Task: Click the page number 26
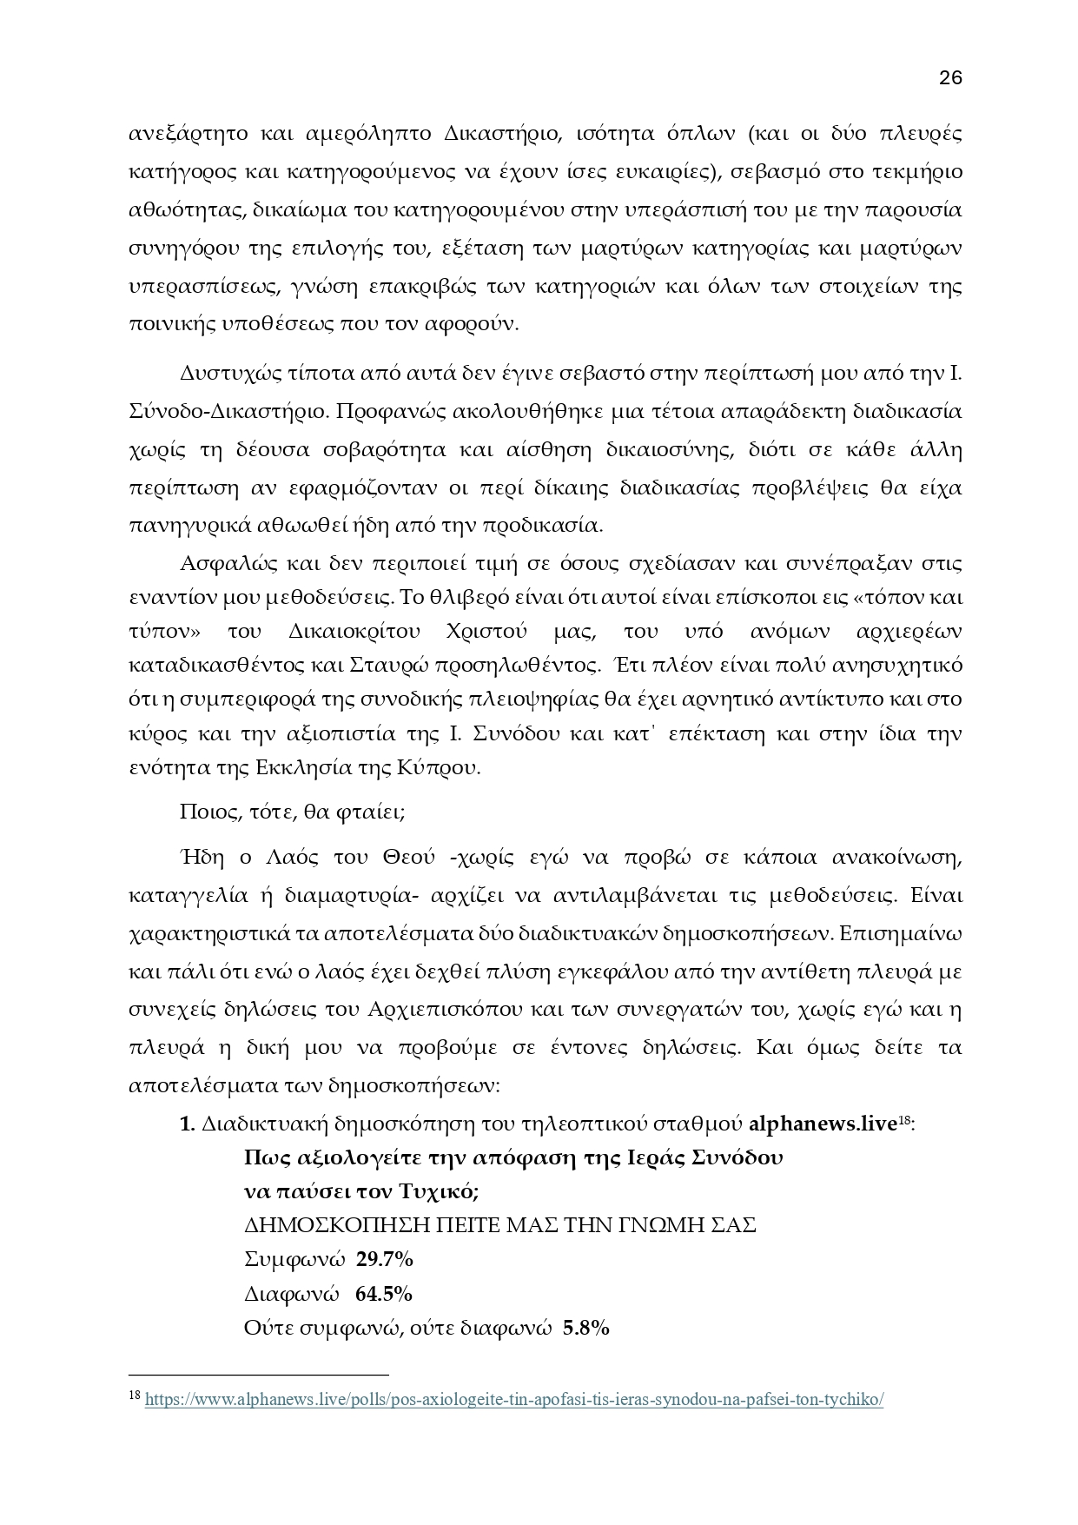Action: click(950, 78)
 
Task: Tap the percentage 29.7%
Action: click(385, 1259)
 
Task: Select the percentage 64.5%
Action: click(384, 1294)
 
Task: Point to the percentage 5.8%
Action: click(586, 1328)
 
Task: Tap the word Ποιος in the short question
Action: click(203, 812)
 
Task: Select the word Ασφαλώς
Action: click(225, 563)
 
